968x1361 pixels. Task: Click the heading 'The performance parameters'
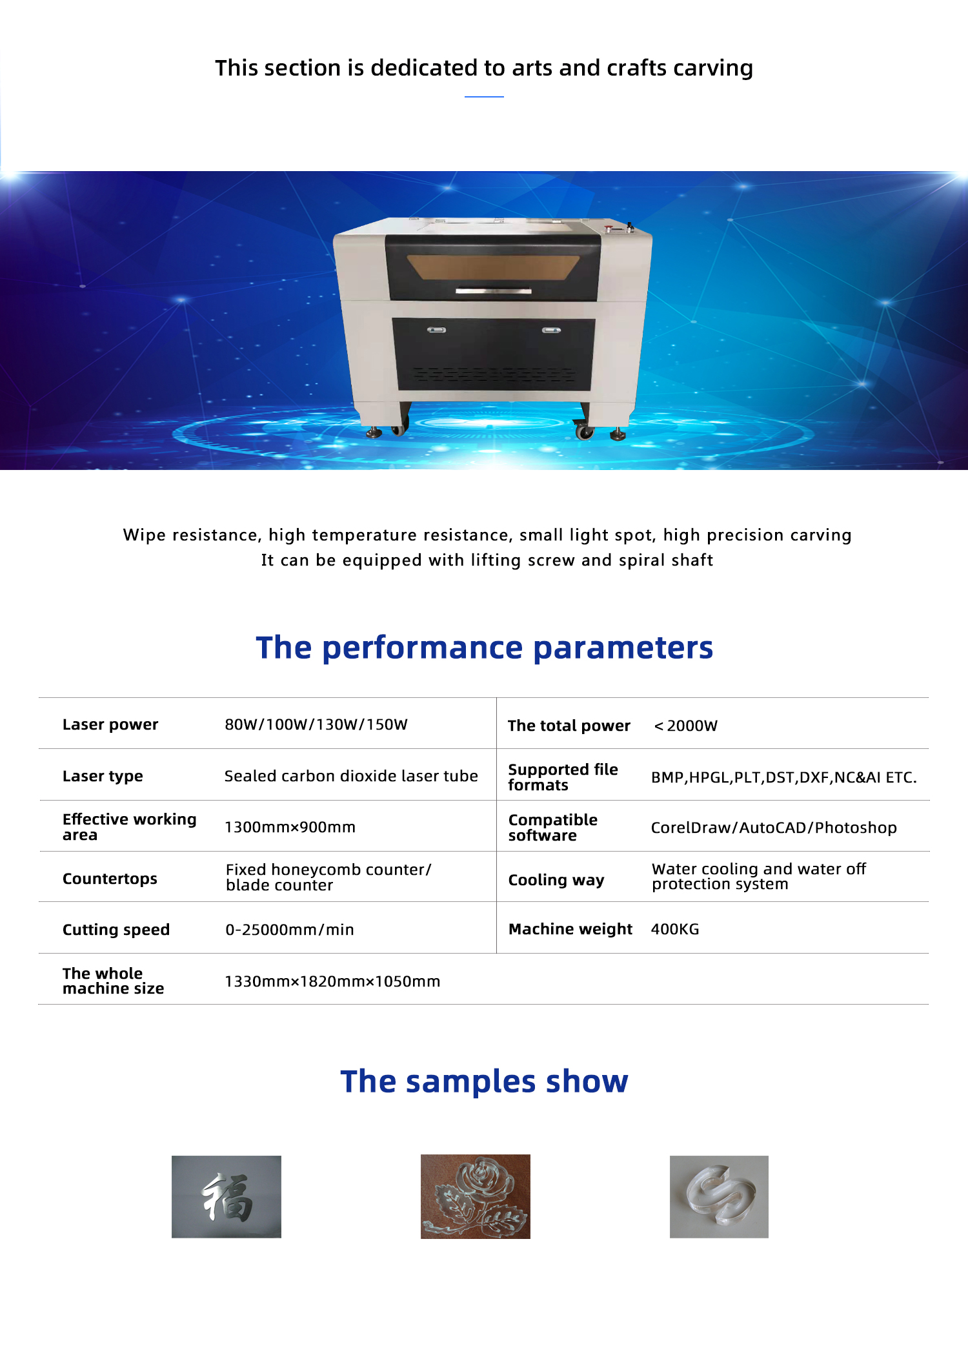click(485, 648)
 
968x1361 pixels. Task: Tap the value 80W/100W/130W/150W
click(316, 724)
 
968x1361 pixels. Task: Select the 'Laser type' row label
click(103, 776)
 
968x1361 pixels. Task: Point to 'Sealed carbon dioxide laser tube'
click(351, 776)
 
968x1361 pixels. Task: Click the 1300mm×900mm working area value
click(290, 827)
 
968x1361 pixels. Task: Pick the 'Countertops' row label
click(110, 879)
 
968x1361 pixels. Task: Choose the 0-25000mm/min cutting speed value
click(290, 930)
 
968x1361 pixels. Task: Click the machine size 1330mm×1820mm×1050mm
click(332, 981)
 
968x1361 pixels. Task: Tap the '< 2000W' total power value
click(685, 726)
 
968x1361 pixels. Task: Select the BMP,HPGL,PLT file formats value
click(784, 777)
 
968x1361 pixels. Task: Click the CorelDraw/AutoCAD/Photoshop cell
click(774, 828)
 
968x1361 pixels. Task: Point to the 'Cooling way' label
click(556, 880)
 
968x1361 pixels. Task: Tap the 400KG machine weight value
click(675, 929)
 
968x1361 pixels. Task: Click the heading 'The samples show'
click(485, 1081)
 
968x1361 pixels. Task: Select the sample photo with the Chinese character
click(227, 1196)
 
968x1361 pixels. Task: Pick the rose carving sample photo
click(476, 1196)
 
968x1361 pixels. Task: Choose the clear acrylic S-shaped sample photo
click(719, 1196)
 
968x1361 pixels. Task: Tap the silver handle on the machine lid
click(494, 291)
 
